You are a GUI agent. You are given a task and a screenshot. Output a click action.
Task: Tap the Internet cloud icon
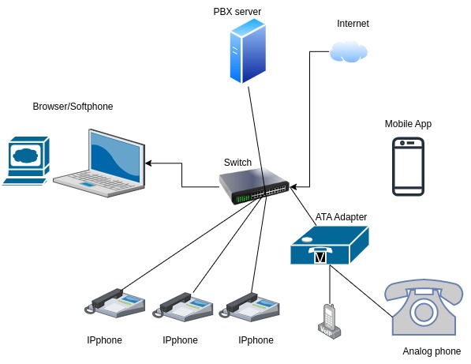pos(349,51)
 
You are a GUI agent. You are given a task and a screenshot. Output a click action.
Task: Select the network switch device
pos(255,187)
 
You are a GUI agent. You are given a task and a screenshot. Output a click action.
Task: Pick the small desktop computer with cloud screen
pos(26,160)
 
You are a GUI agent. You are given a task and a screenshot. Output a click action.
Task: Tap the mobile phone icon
pos(408,167)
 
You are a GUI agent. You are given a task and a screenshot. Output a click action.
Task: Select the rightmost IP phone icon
pos(255,304)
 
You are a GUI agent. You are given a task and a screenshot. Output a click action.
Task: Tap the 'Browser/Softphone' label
pos(73,107)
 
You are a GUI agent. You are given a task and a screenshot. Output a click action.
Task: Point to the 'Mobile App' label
pos(408,124)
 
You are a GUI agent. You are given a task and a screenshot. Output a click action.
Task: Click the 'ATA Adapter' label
pos(341,216)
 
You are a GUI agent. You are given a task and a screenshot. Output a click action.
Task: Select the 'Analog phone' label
pos(432,351)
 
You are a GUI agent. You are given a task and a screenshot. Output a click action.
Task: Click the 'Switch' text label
pos(237,163)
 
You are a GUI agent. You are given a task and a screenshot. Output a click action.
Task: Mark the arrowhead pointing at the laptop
pos(149,163)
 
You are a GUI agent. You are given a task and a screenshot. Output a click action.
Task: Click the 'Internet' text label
pos(353,24)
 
